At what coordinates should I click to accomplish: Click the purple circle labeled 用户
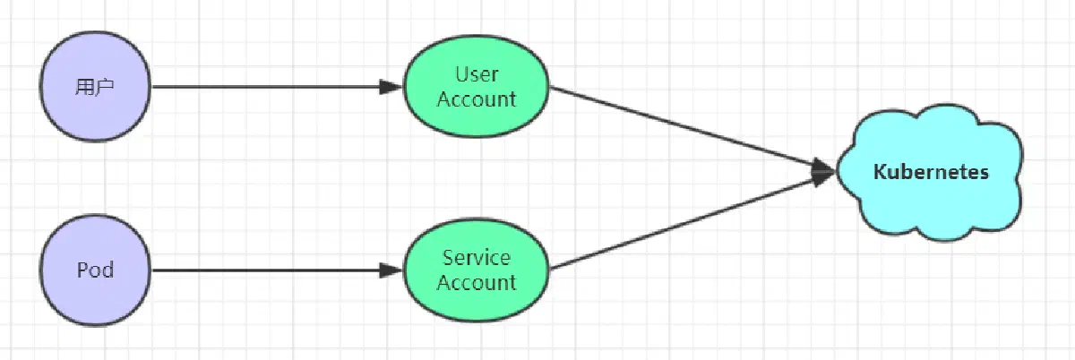(95, 87)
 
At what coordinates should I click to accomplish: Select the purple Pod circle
(95, 270)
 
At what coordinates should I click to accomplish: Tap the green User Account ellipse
(476, 86)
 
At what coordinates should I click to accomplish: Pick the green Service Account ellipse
(476, 270)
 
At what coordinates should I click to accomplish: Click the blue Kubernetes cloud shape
(930, 172)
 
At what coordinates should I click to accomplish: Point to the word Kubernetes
(931, 172)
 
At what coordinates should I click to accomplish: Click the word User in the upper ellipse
(477, 74)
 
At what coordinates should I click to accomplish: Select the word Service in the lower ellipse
(476, 258)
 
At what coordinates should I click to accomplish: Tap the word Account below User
(476, 99)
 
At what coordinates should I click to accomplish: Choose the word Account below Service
(476, 282)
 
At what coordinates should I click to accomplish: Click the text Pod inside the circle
(96, 270)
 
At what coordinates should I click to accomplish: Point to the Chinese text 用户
(95, 87)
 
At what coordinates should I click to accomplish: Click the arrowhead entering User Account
(391, 87)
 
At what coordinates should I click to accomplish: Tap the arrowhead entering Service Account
(391, 270)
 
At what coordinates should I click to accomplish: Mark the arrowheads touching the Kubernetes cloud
(823, 171)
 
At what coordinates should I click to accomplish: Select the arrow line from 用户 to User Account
(277, 87)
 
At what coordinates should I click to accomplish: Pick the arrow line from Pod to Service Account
(277, 270)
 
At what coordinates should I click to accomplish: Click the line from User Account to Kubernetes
(692, 129)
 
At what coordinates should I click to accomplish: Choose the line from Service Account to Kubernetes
(692, 221)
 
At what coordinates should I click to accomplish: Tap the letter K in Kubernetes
(880, 172)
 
